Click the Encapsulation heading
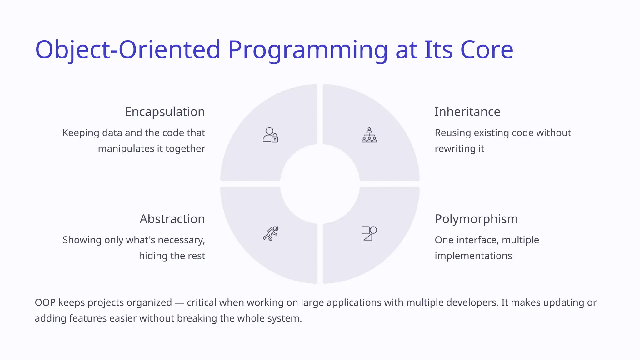click(x=165, y=112)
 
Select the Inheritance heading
click(x=467, y=112)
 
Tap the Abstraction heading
click(x=172, y=219)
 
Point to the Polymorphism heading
click(x=476, y=219)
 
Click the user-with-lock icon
click(x=270, y=135)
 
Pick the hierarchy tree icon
click(x=369, y=135)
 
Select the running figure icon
click(x=270, y=233)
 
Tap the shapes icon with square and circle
click(x=369, y=233)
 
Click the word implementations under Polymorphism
click(x=473, y=256)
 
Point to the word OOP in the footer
click(x=45, y=302)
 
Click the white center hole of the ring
click(x=320, y=184)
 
